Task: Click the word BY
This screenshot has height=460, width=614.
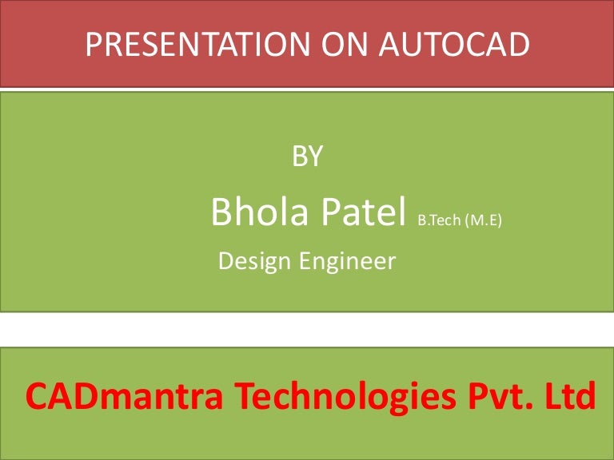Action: coord(308,157)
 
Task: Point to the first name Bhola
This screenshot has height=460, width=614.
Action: coord(257,212)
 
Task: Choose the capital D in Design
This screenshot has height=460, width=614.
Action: coord(225,261)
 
